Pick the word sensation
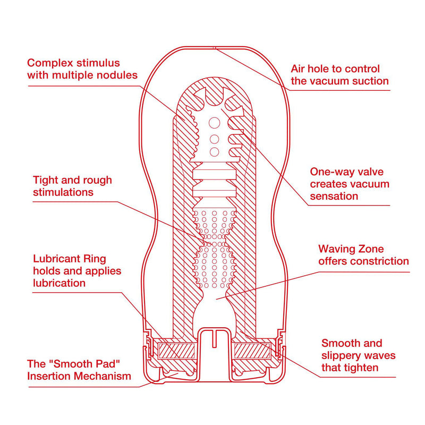pos(334,197)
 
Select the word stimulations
pos(63,192)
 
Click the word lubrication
pos(59,283)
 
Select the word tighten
pos(362,368)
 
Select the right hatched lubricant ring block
pos(253,350)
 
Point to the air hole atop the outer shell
pos(214,48)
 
